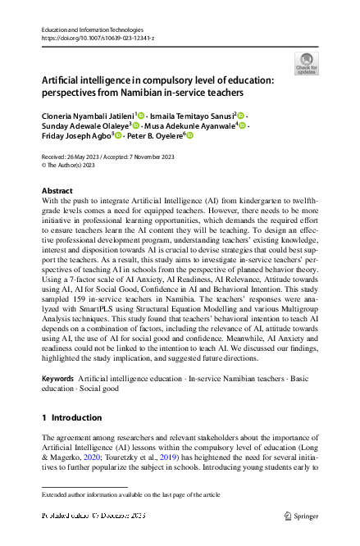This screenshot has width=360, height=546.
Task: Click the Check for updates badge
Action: [305, 63]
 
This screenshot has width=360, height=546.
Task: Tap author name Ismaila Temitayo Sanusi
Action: [192, 116]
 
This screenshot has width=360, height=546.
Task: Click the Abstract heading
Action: [57, 190]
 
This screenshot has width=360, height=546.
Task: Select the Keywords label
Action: [57, 378]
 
